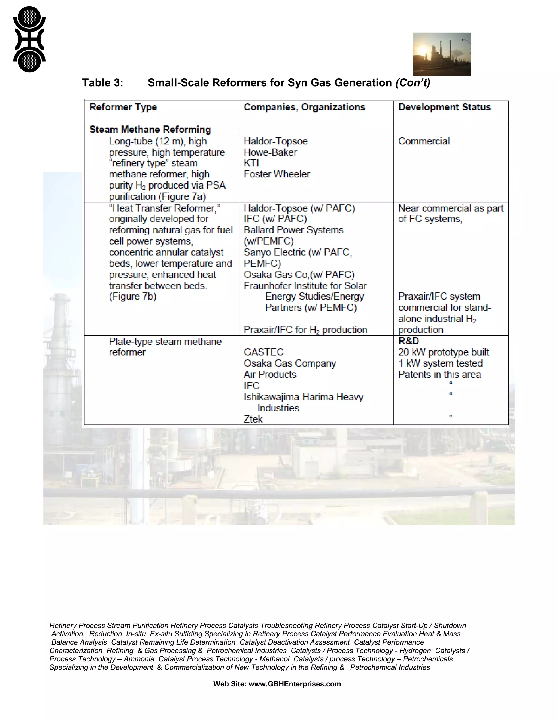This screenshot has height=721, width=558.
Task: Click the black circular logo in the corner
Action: [x=29, y=39]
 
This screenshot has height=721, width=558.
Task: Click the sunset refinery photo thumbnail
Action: [x=441, y=54]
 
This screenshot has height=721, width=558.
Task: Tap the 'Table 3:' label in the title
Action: [x=102, y=82]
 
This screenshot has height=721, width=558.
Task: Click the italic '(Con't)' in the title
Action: [x=413, y=82]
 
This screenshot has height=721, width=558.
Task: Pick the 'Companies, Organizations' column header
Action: [x=304, y=107]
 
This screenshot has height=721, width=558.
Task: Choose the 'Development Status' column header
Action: [x=444, y=107]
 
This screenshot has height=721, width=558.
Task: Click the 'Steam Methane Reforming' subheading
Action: [x=150, y=130]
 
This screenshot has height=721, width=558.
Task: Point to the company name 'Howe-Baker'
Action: [x=270, y=152]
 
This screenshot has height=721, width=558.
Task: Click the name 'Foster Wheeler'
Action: [x=277, y=174]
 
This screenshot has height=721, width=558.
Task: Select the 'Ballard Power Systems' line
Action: [x=293, y=230]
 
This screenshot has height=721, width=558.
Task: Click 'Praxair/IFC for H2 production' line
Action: [x=305, y=330]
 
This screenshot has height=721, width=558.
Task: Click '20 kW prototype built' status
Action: [x=443, y=352]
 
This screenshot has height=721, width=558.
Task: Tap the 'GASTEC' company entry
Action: [x=263, y=352]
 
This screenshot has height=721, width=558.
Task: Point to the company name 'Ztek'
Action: [x=253, y=419]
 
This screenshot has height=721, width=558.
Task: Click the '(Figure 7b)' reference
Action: [x=133, y=297]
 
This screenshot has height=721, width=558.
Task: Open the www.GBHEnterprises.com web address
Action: [x=294, y=684]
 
